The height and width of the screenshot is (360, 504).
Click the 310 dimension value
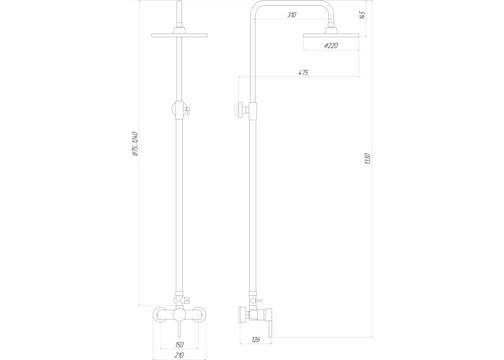(292, 15)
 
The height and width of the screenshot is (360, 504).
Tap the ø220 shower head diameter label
(331, 45)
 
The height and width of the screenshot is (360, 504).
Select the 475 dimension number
(303, 73)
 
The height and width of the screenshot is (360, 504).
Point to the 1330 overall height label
(368, 159)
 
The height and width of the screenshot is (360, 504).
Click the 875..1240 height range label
(135, 144)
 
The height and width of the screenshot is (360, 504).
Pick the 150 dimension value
(179, 345)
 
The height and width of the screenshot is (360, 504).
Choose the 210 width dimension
(179, 355)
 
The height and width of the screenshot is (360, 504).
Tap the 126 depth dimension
(256, 339)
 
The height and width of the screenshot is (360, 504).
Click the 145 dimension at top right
(362, 15)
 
